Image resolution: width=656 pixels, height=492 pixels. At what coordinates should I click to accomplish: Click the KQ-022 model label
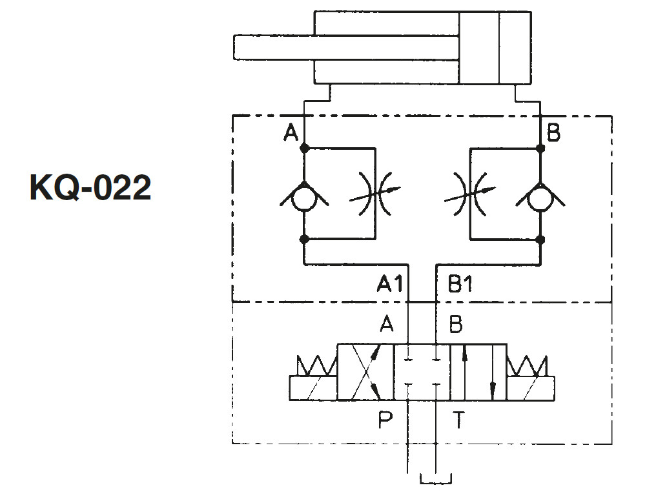pos(90,188)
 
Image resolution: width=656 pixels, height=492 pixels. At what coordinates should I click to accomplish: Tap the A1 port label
pos(390,283)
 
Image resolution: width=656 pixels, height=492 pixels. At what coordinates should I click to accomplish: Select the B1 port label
pos(460,283)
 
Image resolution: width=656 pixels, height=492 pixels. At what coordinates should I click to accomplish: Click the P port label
pos(385,420)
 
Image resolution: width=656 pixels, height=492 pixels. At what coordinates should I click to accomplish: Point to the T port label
pos(459,420)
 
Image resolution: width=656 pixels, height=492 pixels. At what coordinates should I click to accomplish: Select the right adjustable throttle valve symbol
pos(470,194)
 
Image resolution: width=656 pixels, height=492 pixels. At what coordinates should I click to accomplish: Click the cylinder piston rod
pos(347,48)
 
